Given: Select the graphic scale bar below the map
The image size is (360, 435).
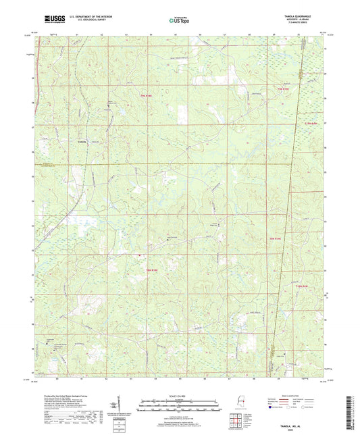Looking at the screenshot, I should click(x=180, y=403).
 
